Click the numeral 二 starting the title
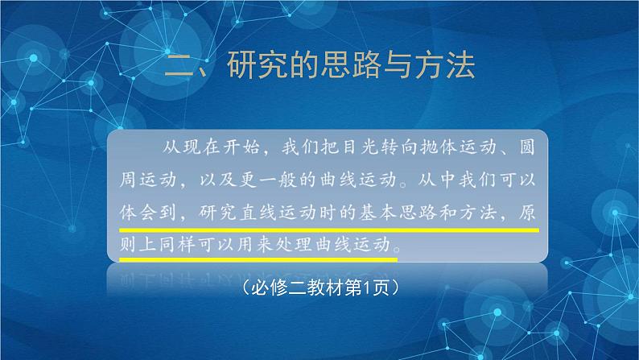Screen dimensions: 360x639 (177, 65)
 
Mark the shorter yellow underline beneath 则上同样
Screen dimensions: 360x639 (258, 259)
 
